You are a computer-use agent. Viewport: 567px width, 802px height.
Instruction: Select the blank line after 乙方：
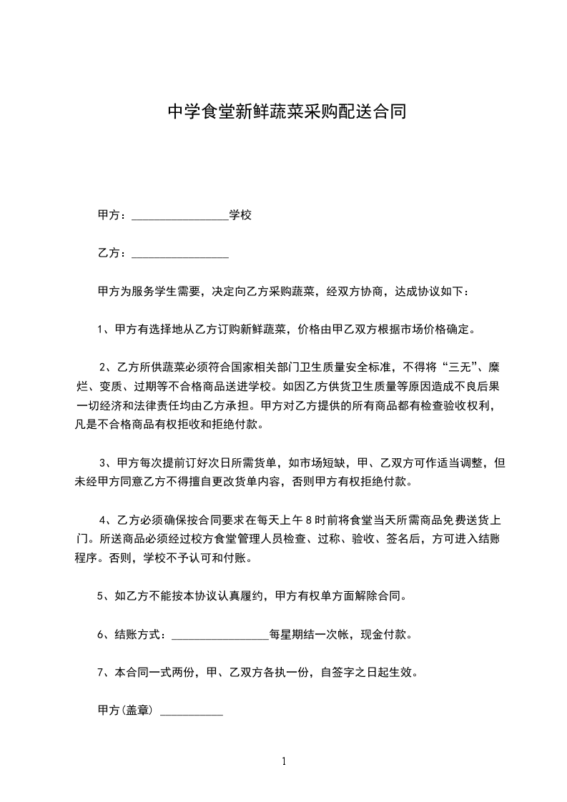(180, 254)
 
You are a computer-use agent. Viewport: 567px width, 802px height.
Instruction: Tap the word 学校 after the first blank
(240, 214)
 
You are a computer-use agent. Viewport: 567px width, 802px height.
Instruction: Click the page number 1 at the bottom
(284, 761)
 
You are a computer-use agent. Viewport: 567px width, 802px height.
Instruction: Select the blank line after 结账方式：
(220, 635)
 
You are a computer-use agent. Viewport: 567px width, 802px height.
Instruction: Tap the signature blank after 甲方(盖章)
(191, 712)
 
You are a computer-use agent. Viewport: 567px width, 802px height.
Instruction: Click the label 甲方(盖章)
(125, 711)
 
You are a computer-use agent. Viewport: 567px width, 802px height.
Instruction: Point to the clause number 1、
(102, 330)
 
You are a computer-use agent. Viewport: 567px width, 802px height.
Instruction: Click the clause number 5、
(102, 595)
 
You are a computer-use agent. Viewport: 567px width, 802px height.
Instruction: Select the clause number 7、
(102, 673)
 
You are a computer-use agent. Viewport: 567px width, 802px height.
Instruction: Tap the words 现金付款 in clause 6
(389, 634)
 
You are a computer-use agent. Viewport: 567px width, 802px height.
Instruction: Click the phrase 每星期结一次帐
(311, 634)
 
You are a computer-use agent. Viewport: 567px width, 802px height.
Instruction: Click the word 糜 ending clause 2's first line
(493, 368)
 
